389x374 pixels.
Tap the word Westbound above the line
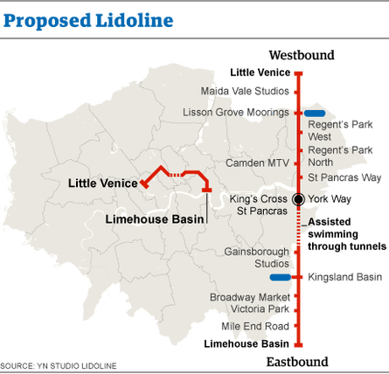[x=301, y=55]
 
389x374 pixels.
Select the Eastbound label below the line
[x=297, y=362]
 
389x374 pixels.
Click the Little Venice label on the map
[x=102, y=184]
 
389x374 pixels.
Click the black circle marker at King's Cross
[x=298, y=199]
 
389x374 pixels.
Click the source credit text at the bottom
[x=58, y=365]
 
